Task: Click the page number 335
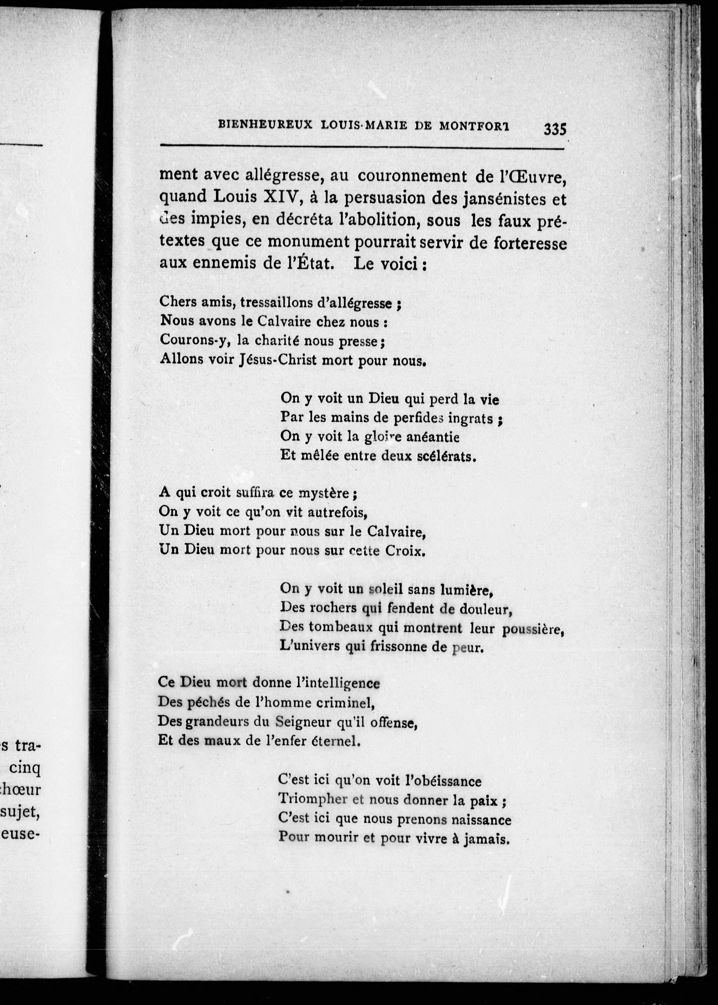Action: [555, 129]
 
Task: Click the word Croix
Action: [404, 551]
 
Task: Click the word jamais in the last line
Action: [486, 839]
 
